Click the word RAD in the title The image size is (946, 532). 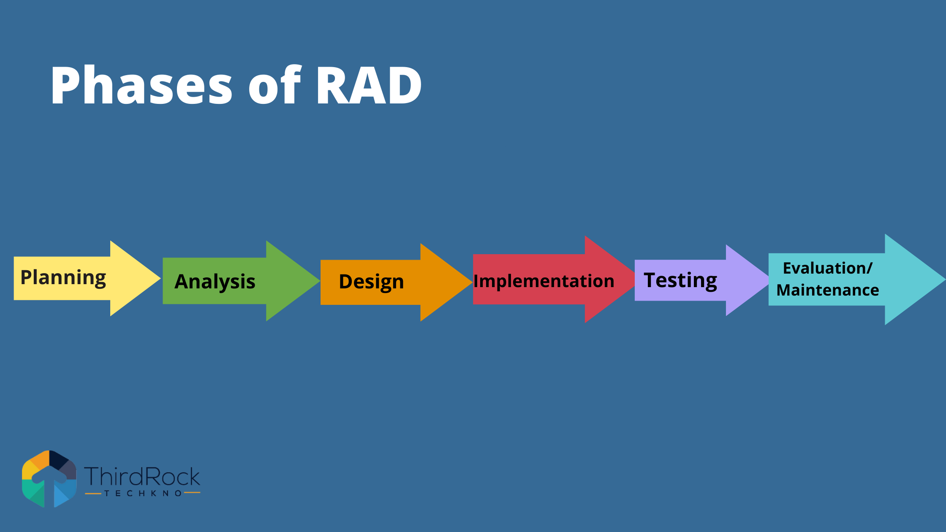click(x=369, y=86)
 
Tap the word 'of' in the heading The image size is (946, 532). click(x=275, y=86)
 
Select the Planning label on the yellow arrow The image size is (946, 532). click(x=63, y=278)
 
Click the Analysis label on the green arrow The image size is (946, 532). click(x=215, y=282)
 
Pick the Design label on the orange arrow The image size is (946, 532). click(x=371, y=282)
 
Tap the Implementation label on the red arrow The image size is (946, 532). click(x=544, y=281)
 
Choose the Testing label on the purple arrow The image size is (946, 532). click(x=680, y=280)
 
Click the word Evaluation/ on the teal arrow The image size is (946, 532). click(x=827, y=268)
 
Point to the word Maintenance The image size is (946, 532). click(x=827, y=290)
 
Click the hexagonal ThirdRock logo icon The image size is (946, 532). click(x=49, y=479)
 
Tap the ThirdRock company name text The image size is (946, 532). click(x=142, y=477)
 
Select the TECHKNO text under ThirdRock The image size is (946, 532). click(x=143, y=493)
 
